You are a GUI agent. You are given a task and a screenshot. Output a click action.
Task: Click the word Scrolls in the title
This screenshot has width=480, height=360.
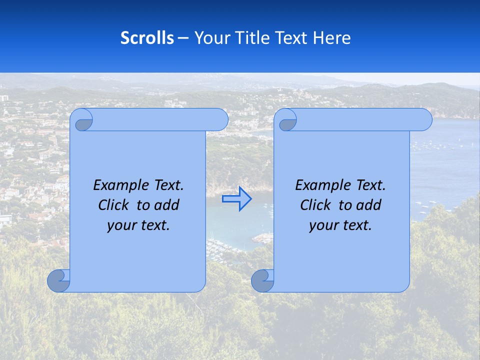pos(147,38)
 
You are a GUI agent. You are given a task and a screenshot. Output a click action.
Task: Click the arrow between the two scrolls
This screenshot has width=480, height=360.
pos(237,198)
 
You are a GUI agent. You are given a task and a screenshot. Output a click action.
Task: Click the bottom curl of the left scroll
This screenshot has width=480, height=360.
pos(59,280)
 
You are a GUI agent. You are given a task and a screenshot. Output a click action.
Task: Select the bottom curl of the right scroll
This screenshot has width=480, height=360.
pos(262,280)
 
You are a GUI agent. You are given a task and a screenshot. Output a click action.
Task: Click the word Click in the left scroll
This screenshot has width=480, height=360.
pos(113,205)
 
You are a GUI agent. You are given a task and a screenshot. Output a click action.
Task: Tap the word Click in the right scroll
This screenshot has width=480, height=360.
pos(315,205)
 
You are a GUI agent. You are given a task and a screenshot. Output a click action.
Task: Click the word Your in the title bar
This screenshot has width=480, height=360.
pos(210,38)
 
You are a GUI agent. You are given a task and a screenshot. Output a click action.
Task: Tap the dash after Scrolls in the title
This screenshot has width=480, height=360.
pos(183,38)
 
